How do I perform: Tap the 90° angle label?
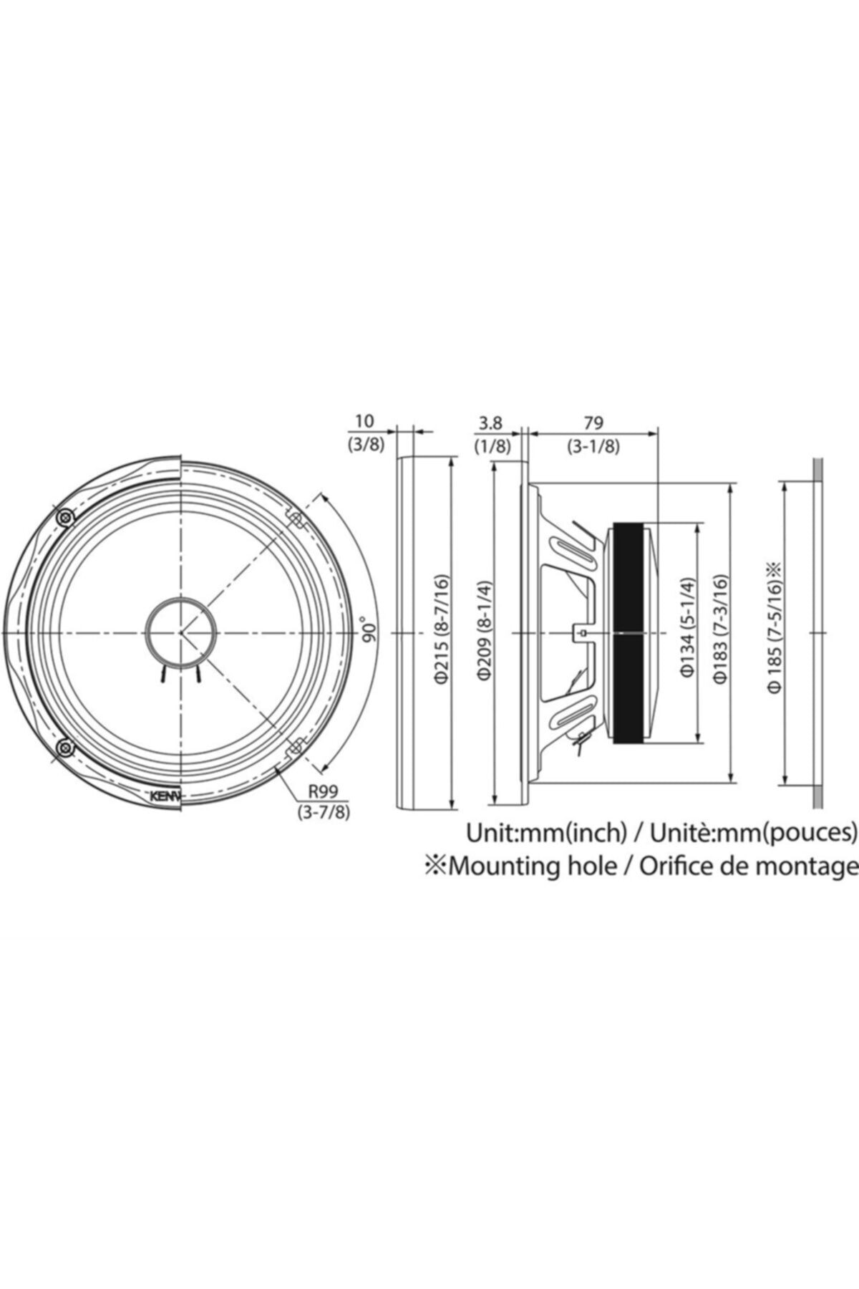(369, 631)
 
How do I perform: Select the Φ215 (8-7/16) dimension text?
(442, 633)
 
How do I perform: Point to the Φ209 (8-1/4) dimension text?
(485, 633)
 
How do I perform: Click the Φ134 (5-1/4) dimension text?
(688, 634)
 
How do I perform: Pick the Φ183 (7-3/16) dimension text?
(720, 634)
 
